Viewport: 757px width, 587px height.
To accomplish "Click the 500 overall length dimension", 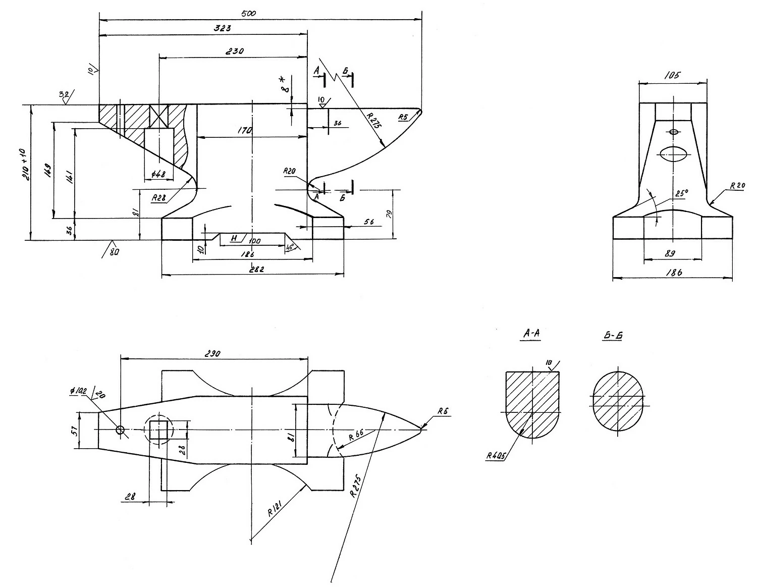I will pyautogui.click(x=249, y=13).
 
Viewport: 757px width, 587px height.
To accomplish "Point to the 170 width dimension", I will pyautogui.click(x=245, y=131).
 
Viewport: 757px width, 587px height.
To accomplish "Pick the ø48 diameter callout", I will pyautogui.click(x=158, y=174).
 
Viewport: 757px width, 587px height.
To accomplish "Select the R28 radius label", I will pyautogui.click(x=159, y=198).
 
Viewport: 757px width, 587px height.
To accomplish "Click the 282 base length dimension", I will pyautogui.click(x=256, y=270).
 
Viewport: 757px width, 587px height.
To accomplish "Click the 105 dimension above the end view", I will pyautogui.click(x=673, y=75).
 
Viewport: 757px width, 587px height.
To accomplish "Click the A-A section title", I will pyautogui.click(x=531, y=334).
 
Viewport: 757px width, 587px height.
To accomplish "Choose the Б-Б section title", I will pyautogui.click(x=612, y=336).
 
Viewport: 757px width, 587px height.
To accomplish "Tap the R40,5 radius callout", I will pyautogui.click(x=497, y=456).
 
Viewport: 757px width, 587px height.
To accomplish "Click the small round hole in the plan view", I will pyautogui.click(x=120, y=430).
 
